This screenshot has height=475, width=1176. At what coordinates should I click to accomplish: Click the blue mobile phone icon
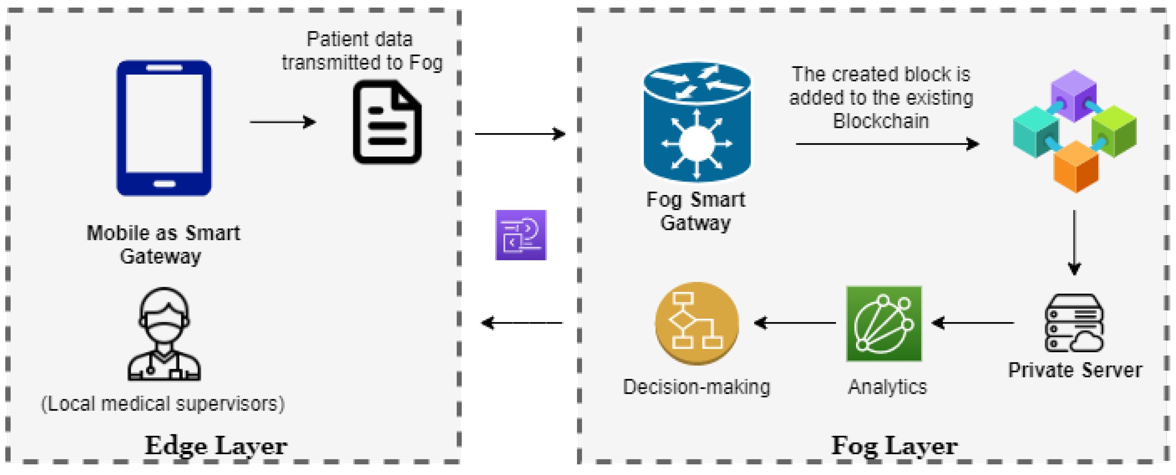(x=164, y=128)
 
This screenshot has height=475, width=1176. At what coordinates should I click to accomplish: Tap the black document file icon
(x=387, y=123)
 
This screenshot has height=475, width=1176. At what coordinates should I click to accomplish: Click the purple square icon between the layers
(x=521, y=235)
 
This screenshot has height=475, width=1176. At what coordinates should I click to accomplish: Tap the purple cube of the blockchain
(x=1073, y=95)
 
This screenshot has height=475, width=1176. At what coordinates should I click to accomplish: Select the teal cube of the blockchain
(x=1035, y=132)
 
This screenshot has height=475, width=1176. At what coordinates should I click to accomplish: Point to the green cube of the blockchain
(x=1114, y=132)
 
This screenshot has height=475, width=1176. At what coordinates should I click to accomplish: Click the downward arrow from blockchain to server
(x=1074, y=242)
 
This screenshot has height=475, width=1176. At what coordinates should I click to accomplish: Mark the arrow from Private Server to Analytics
(x=973, y=323)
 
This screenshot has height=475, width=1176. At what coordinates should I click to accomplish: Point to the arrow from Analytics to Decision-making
(x=795, y=323)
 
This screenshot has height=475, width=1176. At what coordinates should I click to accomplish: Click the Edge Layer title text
(x=216, y=446)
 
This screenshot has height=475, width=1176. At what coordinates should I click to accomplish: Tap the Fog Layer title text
(x=894, y=446)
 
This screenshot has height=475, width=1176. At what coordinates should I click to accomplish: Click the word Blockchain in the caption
(x=881, y=121)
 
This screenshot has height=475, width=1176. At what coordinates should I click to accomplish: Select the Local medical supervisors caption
(x=163, y=404)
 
